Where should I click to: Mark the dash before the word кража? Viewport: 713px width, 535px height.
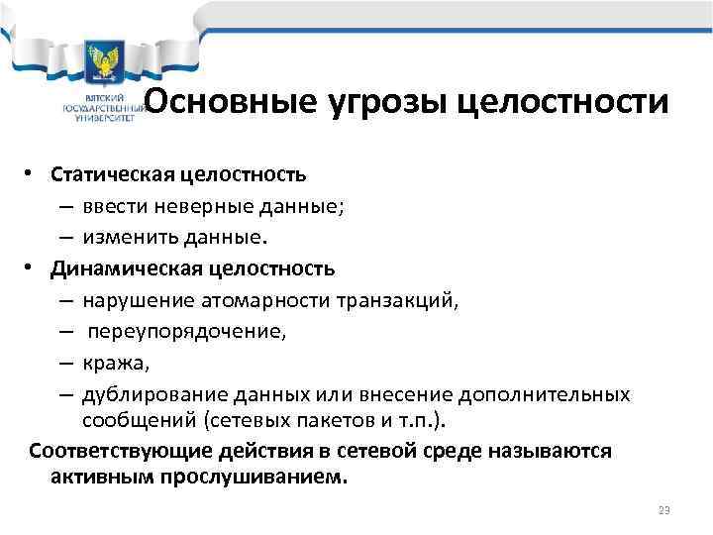(91, 364)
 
